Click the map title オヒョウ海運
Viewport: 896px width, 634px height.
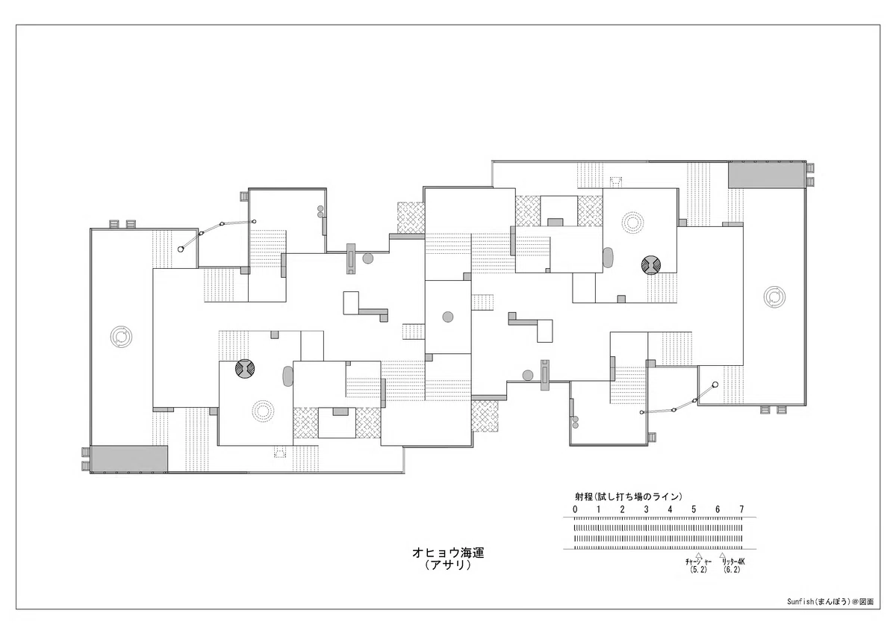(x=448, y=553)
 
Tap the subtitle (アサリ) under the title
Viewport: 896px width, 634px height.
(x=448, y=565)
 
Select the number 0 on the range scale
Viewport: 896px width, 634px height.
(x=575, y=509)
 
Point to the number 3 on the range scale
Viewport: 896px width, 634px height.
(x=647, y=509)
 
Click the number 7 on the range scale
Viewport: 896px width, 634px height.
(x=741, y=509)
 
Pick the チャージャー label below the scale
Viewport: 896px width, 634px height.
(x=698, y=562)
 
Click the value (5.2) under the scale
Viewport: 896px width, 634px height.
(x=698, y=570)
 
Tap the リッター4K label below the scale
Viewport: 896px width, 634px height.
(x=733, y=562)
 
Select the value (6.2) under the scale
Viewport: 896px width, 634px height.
(x=732, y=570)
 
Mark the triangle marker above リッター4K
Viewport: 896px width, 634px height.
(x=723, y=555)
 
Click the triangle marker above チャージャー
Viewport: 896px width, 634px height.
(x=698, y=555)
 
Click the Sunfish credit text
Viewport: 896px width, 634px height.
(x=830, y=602)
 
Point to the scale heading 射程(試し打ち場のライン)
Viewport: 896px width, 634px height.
(x=629, y=497)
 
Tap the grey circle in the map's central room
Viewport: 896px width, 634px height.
(x=447, y=317)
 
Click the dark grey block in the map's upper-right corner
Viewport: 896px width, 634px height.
(x=766, y=175)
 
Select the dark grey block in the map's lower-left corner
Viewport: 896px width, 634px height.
(x=128, y=459)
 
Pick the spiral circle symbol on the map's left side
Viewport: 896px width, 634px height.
(x=121, y=336)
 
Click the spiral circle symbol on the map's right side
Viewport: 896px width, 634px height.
(x=774, y=297)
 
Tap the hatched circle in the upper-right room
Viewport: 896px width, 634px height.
(x=651, y=265)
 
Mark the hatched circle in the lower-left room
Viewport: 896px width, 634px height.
(x=245, y=368)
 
